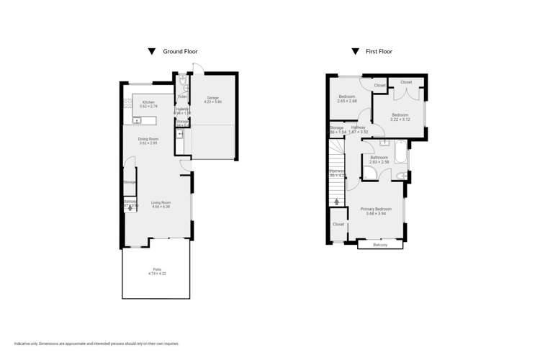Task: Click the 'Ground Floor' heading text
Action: (180, 52)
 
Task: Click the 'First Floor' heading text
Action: (380, 52)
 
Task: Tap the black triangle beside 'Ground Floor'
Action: (151, 52)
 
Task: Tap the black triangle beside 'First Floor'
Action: (355, 52)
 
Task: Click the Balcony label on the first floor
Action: (379, 245)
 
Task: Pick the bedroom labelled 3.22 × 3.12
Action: (400, 117)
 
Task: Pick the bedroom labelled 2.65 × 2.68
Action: (346, 99)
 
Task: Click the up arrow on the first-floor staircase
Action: (336, 202)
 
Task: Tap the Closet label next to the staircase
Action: (338, 225)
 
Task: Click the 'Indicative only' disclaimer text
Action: (96, 343)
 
